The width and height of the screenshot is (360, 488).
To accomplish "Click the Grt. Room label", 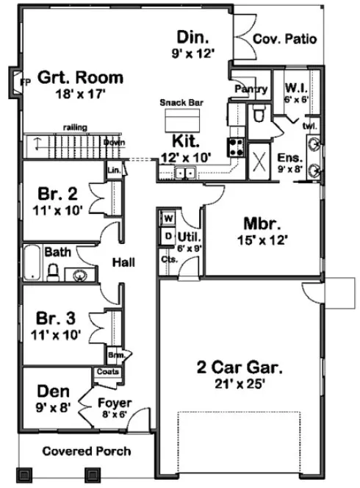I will coord(80,77).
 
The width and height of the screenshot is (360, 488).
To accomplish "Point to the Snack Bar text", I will coord(181,104).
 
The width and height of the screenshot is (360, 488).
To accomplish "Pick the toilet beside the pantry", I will coord(258,115).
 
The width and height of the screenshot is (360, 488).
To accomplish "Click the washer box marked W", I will coord(167,218).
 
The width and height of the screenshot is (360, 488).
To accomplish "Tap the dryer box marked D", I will coord(167,236).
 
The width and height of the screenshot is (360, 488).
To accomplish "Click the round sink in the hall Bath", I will coord(80,276).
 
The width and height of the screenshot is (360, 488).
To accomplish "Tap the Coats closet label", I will coord(104,372).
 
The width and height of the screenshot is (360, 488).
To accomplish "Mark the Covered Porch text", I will coord(86,451).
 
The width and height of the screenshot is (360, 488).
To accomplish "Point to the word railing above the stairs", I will coord(75,127).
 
